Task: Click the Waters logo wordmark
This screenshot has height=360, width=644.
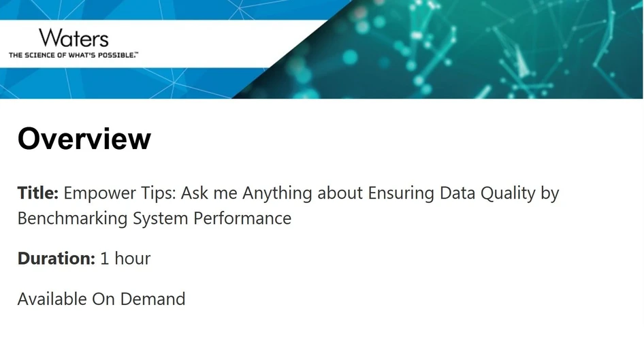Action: point(74,37)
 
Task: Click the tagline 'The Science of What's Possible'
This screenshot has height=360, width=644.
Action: point(73,54)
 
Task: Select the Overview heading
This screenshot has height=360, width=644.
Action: point(84,139)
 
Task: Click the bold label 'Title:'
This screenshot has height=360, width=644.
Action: point(37,193)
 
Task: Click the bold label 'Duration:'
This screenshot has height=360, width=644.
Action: point(56,259)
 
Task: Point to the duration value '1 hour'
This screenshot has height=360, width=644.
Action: point(125,259)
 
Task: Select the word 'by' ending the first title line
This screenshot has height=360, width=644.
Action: point(550,194)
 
